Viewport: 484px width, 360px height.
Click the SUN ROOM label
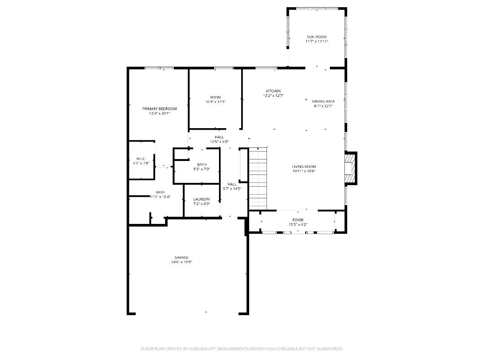coord(316,37)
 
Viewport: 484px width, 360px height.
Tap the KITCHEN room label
coord(273,91)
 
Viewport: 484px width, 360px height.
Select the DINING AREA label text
coord(323,101)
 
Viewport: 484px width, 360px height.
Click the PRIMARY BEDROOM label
coord(159,109)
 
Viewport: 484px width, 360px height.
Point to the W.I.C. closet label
coord(141,159)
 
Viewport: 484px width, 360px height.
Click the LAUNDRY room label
coord(202,199)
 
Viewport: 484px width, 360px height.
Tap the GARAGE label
coord(182,257)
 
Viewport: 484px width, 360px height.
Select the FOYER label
coord(298,220)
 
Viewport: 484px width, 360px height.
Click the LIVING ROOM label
coord(304,167)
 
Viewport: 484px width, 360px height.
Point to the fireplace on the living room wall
coord(351,168)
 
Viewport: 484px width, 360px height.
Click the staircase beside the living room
coord(258,179)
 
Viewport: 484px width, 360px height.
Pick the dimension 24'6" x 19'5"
coord(182,262)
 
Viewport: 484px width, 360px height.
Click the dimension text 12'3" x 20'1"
coord(159,113)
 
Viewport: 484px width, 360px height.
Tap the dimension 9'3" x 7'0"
coord(202,169)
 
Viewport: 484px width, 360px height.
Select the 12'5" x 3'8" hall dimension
coord(219,141)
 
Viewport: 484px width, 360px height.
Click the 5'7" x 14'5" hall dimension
coord(232,188)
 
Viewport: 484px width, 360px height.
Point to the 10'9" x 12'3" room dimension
coord(215,102)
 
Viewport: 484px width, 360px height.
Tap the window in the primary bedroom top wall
coord(159,68)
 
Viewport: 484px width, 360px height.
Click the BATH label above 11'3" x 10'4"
coord(160,192)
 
